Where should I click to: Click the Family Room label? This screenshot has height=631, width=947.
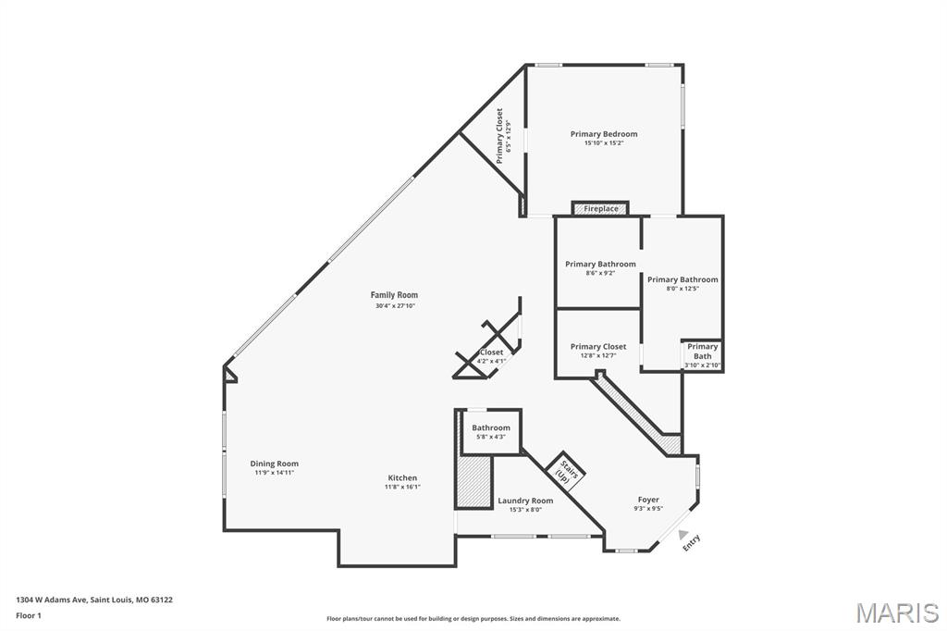click(x=395, y=295)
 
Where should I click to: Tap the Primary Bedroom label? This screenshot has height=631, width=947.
click(x=603, y=134)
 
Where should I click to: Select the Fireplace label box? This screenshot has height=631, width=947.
click(x=600, y=209)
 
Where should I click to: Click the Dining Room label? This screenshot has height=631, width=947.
click(x=275, y=464)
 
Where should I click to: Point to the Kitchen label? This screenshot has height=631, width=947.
click(x=402, y=478)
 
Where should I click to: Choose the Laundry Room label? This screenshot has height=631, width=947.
click(x=525, y=501)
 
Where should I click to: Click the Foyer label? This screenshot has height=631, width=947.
click(x=648, y=500)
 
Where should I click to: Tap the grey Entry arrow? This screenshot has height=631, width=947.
click(x=683, y=534)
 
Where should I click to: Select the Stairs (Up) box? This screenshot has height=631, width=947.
click(x=566, y=471)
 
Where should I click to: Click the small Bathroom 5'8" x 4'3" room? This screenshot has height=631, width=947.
click(x=490, y=431)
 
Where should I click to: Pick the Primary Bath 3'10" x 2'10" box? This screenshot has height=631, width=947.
click(x=702, y=355)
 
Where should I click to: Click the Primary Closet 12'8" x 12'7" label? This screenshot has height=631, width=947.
click(x=597, y=347)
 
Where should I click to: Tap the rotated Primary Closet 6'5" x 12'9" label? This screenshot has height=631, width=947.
click(x=503, y=136)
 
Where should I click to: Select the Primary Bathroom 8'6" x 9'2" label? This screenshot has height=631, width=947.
click(x=600, y=265)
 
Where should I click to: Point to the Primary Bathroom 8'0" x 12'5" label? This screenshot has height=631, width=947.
click(x=683, y=279)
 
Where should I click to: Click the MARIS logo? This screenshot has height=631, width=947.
click(x=897, y=612)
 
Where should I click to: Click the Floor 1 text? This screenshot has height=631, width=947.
click(x=29, y=615)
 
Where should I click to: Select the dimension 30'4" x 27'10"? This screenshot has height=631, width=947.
click(x=395, y=305)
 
